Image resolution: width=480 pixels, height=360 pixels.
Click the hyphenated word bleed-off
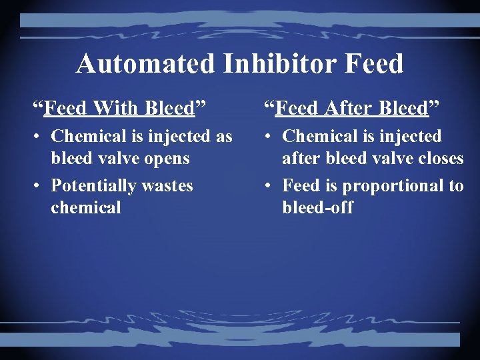click(x=317, y=207)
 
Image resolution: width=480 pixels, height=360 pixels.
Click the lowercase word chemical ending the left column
click(x=86, y=207)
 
